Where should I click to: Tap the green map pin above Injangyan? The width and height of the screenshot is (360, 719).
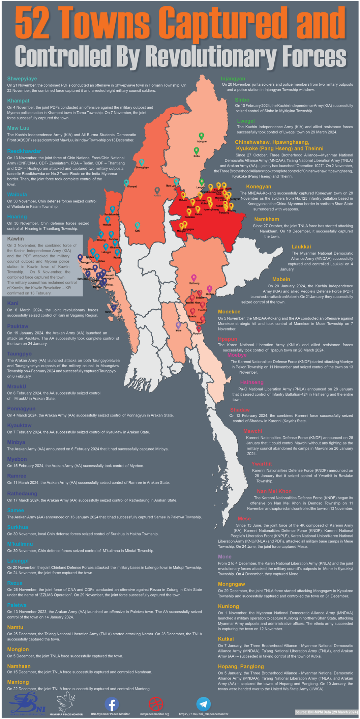(201, 136)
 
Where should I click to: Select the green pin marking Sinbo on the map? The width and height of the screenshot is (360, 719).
(197, 150)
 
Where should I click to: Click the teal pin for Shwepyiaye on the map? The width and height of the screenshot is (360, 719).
(142, 163)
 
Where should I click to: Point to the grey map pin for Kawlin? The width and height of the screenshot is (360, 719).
(157, 191)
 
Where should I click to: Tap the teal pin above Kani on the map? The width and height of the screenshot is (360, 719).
(137, 225)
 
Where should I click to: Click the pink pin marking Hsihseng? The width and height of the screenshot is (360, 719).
(194, 278)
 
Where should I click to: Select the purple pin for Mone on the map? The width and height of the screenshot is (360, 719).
(178, 325)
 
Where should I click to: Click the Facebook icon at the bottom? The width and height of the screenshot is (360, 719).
(112, 703)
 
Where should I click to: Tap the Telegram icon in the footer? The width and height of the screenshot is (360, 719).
(204, 703)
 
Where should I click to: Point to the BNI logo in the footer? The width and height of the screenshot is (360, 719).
(27, 703)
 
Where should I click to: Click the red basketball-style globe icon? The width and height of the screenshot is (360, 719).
(156, 703)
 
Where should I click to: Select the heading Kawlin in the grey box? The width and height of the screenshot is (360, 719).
(16, 239)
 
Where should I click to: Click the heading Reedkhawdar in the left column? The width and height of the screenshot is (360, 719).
(24, 151)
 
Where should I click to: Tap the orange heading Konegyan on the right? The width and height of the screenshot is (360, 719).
(259, 186)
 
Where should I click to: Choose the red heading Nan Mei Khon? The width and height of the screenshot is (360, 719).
(274, 491)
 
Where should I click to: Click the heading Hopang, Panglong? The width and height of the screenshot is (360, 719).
(241, 666)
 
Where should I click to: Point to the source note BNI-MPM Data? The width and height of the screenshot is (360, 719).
(326, 712)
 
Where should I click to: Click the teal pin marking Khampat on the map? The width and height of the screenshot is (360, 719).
(126, 182)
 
